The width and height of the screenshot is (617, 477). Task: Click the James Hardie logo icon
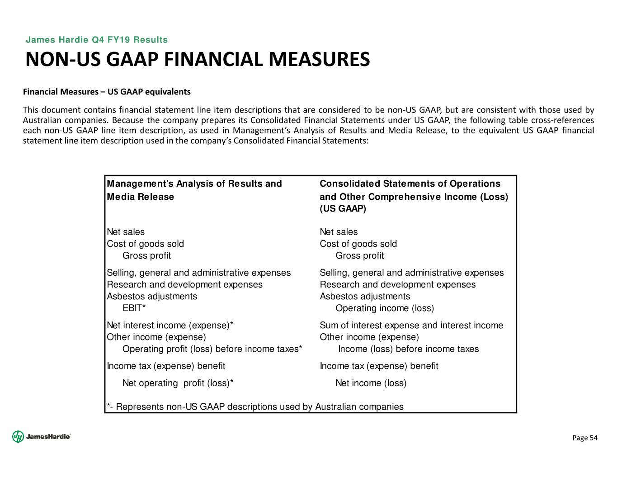coord(18,436)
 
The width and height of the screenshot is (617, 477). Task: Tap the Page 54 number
coord(585,438)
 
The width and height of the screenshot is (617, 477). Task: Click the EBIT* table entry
coord(134,308)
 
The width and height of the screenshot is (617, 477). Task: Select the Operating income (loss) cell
coord(384,308)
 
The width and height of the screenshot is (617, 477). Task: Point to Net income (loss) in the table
coord(371,383)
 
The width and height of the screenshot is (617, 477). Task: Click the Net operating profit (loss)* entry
coord(178,383)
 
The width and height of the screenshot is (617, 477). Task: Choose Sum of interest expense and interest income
coord(411,326)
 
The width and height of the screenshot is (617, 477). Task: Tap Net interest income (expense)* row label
coord(170,326)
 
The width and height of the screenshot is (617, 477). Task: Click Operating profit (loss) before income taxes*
coord(212,349)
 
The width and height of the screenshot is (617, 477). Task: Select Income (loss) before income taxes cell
coord(408,349)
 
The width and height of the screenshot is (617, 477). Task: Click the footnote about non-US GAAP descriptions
coord(255,407)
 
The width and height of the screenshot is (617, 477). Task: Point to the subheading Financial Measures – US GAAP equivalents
coord(107,92)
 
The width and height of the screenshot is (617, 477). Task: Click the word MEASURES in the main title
coord(316,60)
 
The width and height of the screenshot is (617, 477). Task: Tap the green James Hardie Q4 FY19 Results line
coord(97,40)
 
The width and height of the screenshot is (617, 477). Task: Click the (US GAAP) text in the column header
coord(343,209)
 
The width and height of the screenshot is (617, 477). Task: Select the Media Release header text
coord(140,197)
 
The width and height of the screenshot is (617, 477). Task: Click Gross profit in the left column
coord(146,256)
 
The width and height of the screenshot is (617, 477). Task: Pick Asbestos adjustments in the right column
coord(365,297)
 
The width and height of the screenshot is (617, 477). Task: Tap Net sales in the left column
coord(126,232)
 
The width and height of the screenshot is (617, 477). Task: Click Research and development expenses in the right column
coord(397,285)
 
